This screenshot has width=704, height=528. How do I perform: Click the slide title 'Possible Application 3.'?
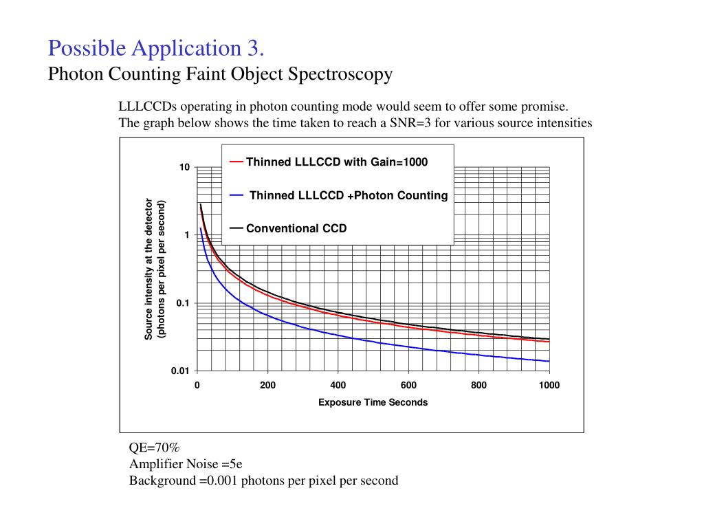156,49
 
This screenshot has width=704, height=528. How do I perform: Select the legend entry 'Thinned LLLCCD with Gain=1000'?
336,162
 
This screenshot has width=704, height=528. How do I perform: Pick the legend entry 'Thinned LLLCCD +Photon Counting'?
348,195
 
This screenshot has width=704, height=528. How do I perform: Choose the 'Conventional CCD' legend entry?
296,228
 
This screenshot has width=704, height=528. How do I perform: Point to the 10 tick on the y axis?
184,168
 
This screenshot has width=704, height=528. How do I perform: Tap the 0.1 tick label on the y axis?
181,303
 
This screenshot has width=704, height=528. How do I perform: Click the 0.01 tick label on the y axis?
179,371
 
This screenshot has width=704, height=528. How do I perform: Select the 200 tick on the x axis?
267,385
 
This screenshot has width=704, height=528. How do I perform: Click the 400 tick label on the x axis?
338,385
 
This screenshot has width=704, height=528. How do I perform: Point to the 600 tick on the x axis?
408,385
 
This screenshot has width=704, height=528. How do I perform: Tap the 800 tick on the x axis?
479,385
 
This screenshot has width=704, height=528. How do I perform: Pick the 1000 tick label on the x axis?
549,385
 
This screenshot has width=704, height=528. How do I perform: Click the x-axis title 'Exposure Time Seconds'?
373,402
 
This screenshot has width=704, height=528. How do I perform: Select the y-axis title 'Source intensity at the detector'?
148,269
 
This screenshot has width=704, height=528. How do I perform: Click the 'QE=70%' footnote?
155,447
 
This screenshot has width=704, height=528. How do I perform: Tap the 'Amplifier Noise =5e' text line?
186,463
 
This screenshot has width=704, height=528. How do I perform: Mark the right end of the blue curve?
549,361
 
